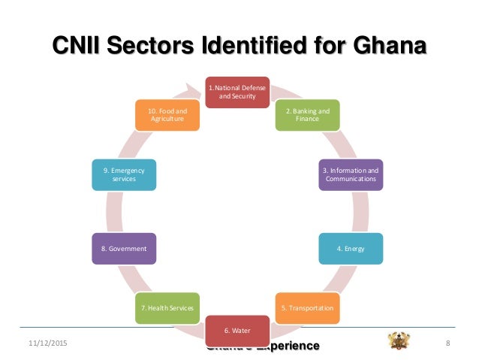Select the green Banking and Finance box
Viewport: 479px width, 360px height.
(307, 113)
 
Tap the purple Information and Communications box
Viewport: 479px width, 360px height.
(351, 174)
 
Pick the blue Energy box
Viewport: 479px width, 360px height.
(351, 248)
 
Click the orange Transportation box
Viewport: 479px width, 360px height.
(307, 307)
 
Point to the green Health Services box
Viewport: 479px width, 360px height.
(167, 307)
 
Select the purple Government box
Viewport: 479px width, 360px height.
(124, 248)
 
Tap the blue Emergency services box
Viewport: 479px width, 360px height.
(124, 174)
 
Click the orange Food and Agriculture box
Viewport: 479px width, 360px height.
(167, 113)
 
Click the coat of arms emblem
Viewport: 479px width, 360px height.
(399, 340)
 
